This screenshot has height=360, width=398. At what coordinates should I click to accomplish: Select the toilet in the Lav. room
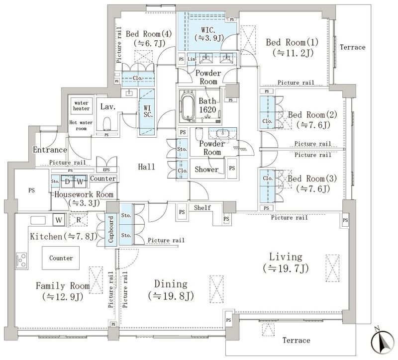coord(107,123)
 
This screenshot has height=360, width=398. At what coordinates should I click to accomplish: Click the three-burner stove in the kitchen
coord(21,260)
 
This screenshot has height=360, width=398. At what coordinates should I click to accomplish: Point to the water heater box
coord(81,106)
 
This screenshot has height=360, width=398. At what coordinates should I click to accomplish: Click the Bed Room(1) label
coord(292,42)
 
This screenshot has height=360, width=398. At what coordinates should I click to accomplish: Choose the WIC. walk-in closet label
coord(208,30)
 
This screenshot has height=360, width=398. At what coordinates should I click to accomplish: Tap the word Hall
coord(146,167)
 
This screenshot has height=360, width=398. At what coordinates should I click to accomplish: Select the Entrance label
coord(50,150)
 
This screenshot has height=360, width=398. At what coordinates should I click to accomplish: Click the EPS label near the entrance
coord(106,170)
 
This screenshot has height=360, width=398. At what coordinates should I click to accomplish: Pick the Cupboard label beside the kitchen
coord(111,229)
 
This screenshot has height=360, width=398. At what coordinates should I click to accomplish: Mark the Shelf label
coord(202,207)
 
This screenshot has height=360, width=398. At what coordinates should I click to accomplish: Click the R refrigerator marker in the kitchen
coord(79,220)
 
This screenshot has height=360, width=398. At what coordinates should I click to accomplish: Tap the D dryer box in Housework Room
coord(67,181)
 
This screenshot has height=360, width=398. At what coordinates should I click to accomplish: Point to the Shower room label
coord(206,169)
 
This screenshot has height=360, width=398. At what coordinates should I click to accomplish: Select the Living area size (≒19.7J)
coord(286,268)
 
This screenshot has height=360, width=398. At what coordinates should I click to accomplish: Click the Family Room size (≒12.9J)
coord(63,296)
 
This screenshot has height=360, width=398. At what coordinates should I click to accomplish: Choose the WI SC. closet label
coord(147,111)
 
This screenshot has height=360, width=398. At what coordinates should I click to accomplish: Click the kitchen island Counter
coord(61,258)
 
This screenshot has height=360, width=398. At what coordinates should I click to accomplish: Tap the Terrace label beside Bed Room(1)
coord(353,47)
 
